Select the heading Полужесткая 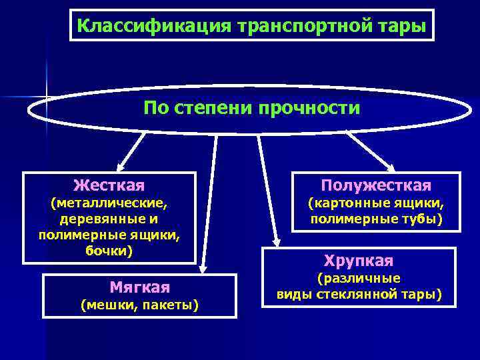click(376, 185)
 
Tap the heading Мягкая click(139, 287)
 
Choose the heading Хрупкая click(358, 260)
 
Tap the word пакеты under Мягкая click(170, 305)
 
